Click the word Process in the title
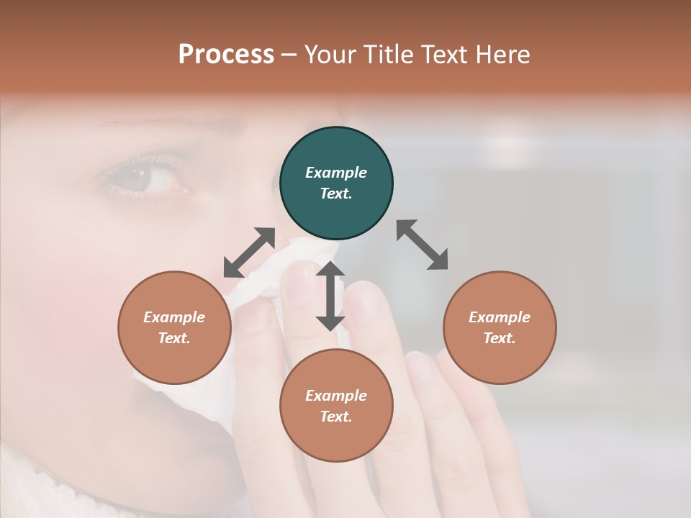pos(226,55)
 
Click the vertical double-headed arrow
pos(330,296)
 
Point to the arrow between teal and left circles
pos(249,253)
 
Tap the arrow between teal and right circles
pos(422,245)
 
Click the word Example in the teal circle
pos(336,173)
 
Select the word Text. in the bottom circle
pos(336,417)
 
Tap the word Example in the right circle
pos(500,317)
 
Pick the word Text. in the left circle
pos(174,338)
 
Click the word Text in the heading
pos(441,55)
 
